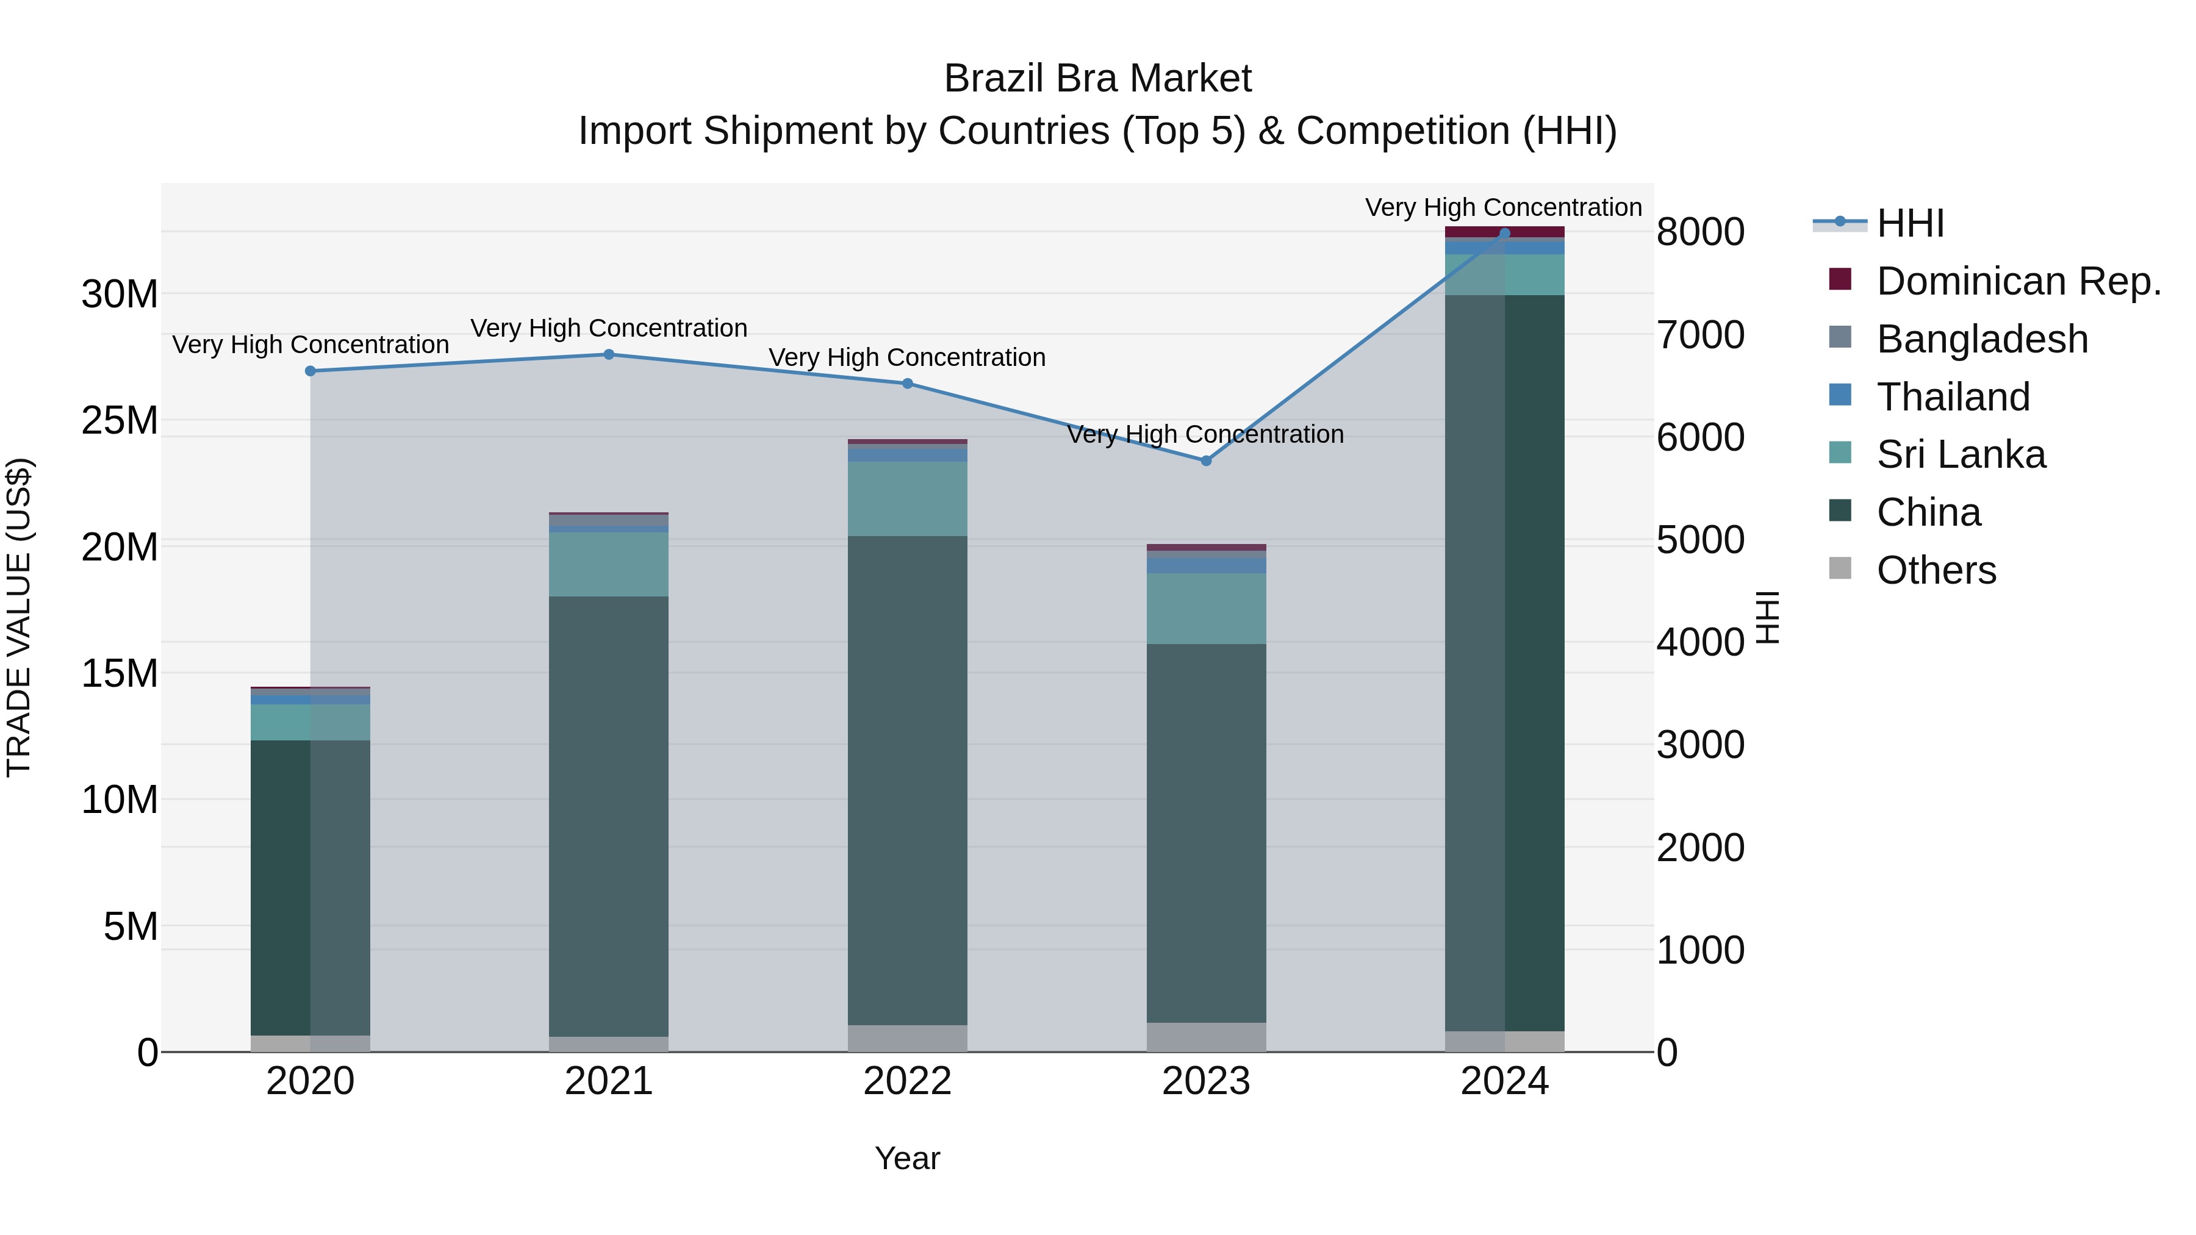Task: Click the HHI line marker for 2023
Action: [1205, 460]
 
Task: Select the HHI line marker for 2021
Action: [609, 354]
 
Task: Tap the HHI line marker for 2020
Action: [310, 371]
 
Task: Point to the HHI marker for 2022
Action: [907, 384]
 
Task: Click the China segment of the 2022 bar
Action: [907, 780]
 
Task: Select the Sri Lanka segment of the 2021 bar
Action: [609, 564]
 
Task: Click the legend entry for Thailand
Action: [1952, 397]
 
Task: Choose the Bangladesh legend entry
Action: [1981, 339]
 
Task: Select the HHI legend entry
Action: [1909, 223]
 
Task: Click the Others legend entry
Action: [1935, 570]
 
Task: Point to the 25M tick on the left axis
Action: [120, 420]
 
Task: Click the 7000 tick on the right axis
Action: [1700, 335]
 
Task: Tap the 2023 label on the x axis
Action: [1205, 1081]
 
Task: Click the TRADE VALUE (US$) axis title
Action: [19, 617]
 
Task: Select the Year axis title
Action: [907, 1158]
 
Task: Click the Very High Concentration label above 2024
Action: [1503, 207]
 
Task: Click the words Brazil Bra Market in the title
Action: [1097, 79]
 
